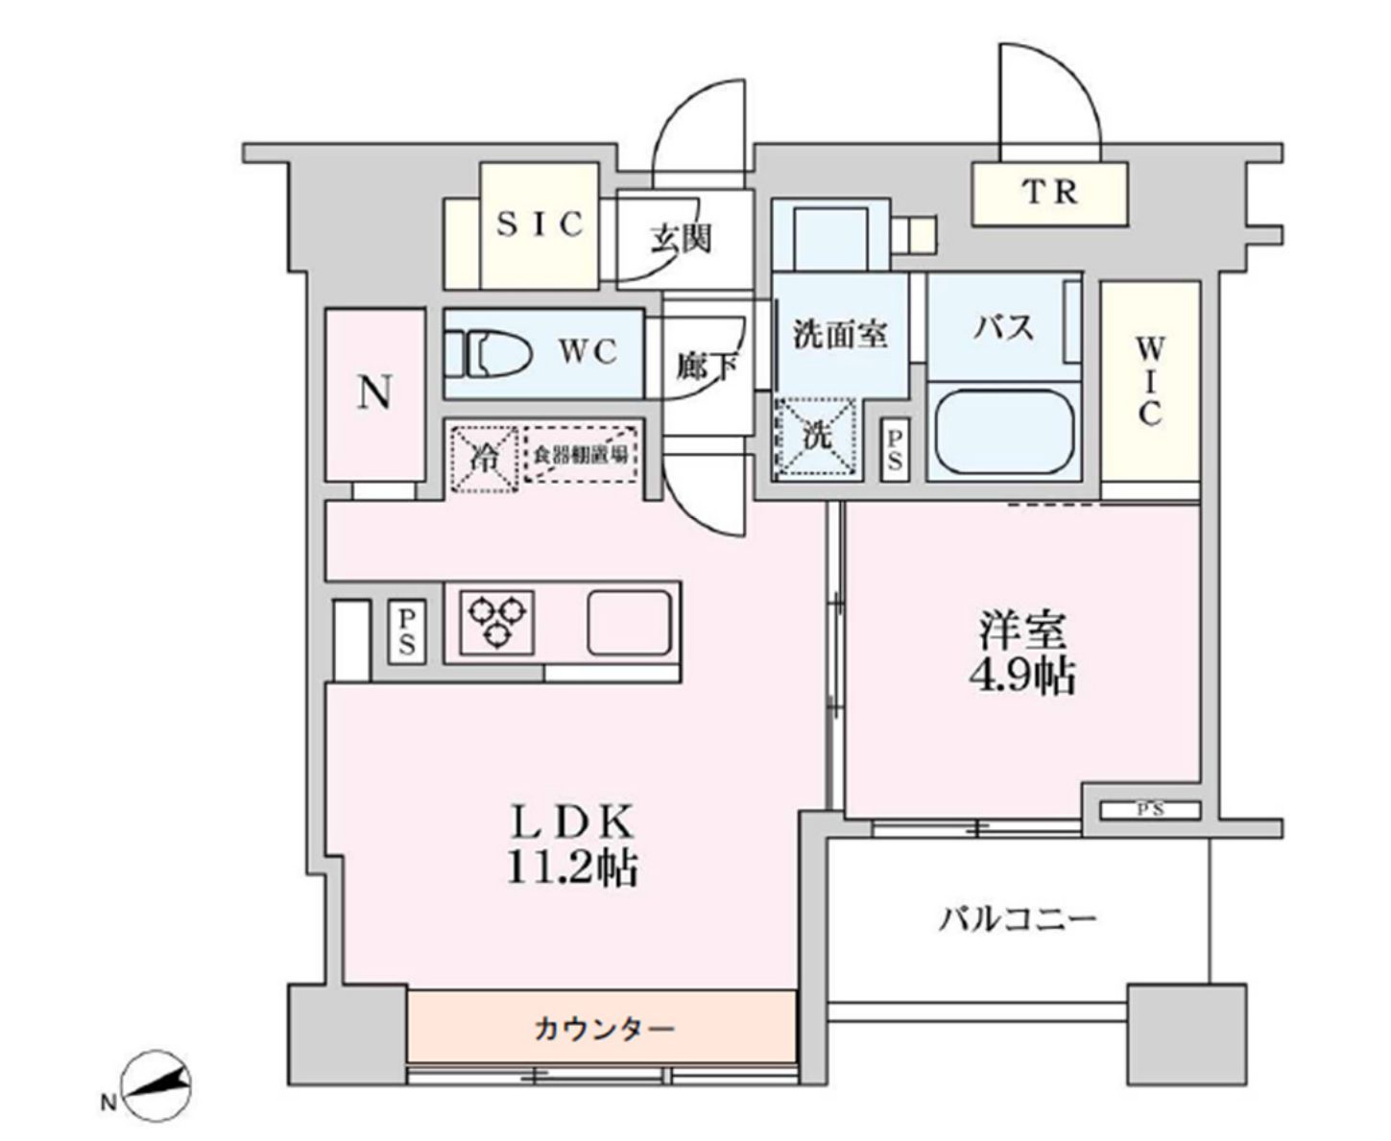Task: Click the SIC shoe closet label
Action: pyautogui.click(x=540, y=224)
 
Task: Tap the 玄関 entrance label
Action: pyautogui.click(x=682, y=237)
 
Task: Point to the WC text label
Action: pyautogui.click(x=588, y=353)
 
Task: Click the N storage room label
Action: pyautogui.click(x=374, y=392)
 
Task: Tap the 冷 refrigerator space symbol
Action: pyautogui.click(x=484, y=459)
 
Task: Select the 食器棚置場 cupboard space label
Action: pyautogui.click(x=582, y=455)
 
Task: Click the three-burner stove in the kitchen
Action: pyautogui.click(x=497, y=619)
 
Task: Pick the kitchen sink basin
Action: pyautogui.click(x=629, y=623)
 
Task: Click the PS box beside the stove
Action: pyautogui.click(x=407, y=630)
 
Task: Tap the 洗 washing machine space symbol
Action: pyautogui.click(x=816, y=436)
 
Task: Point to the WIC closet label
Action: pyautogui.click(x=1149, y=380)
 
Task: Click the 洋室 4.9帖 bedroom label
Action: pyautogui.click(x=1021, y=653)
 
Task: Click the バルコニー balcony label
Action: pyautogui.click(x=1017, y=919)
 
